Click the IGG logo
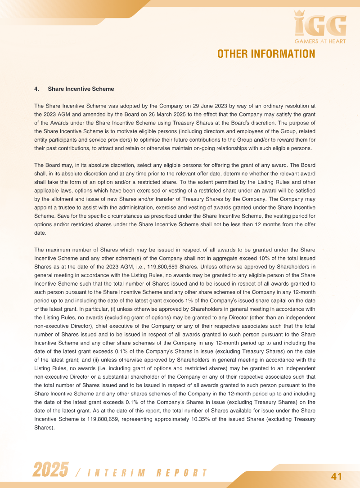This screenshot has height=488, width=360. [320, 26]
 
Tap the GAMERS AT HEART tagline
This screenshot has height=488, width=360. [320, 41]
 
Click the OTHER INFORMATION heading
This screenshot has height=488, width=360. [266, 54]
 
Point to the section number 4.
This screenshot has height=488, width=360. [37, 89]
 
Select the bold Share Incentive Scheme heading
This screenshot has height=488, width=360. [81, 89]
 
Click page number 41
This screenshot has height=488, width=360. [337, 476]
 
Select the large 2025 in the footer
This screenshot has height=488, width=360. [50, 470]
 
